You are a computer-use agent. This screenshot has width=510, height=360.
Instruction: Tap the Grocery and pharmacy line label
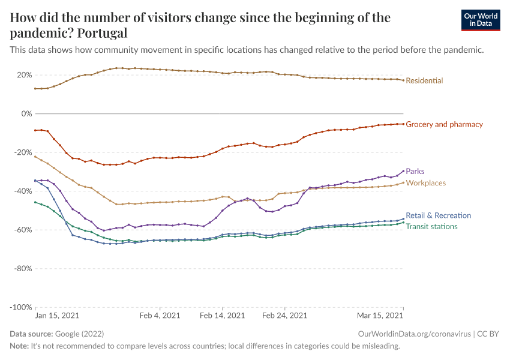(444, 124)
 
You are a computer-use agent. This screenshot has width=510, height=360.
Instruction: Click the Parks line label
(415, 172)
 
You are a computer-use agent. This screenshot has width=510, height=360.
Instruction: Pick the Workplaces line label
(425, 182)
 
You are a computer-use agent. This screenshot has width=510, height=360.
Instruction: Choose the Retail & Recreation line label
(438, 215)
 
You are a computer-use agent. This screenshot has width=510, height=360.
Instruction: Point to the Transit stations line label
(431, 226)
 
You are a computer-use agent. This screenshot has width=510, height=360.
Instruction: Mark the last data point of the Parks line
(403, 171)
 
